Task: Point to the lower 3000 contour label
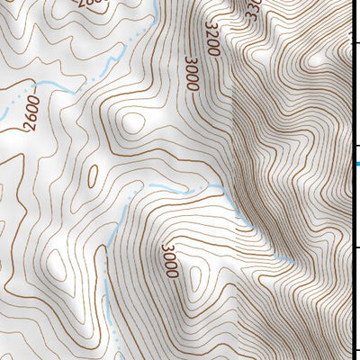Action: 170,260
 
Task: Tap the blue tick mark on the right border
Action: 356,163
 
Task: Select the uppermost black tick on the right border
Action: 356,41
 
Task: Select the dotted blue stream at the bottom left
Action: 112,297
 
